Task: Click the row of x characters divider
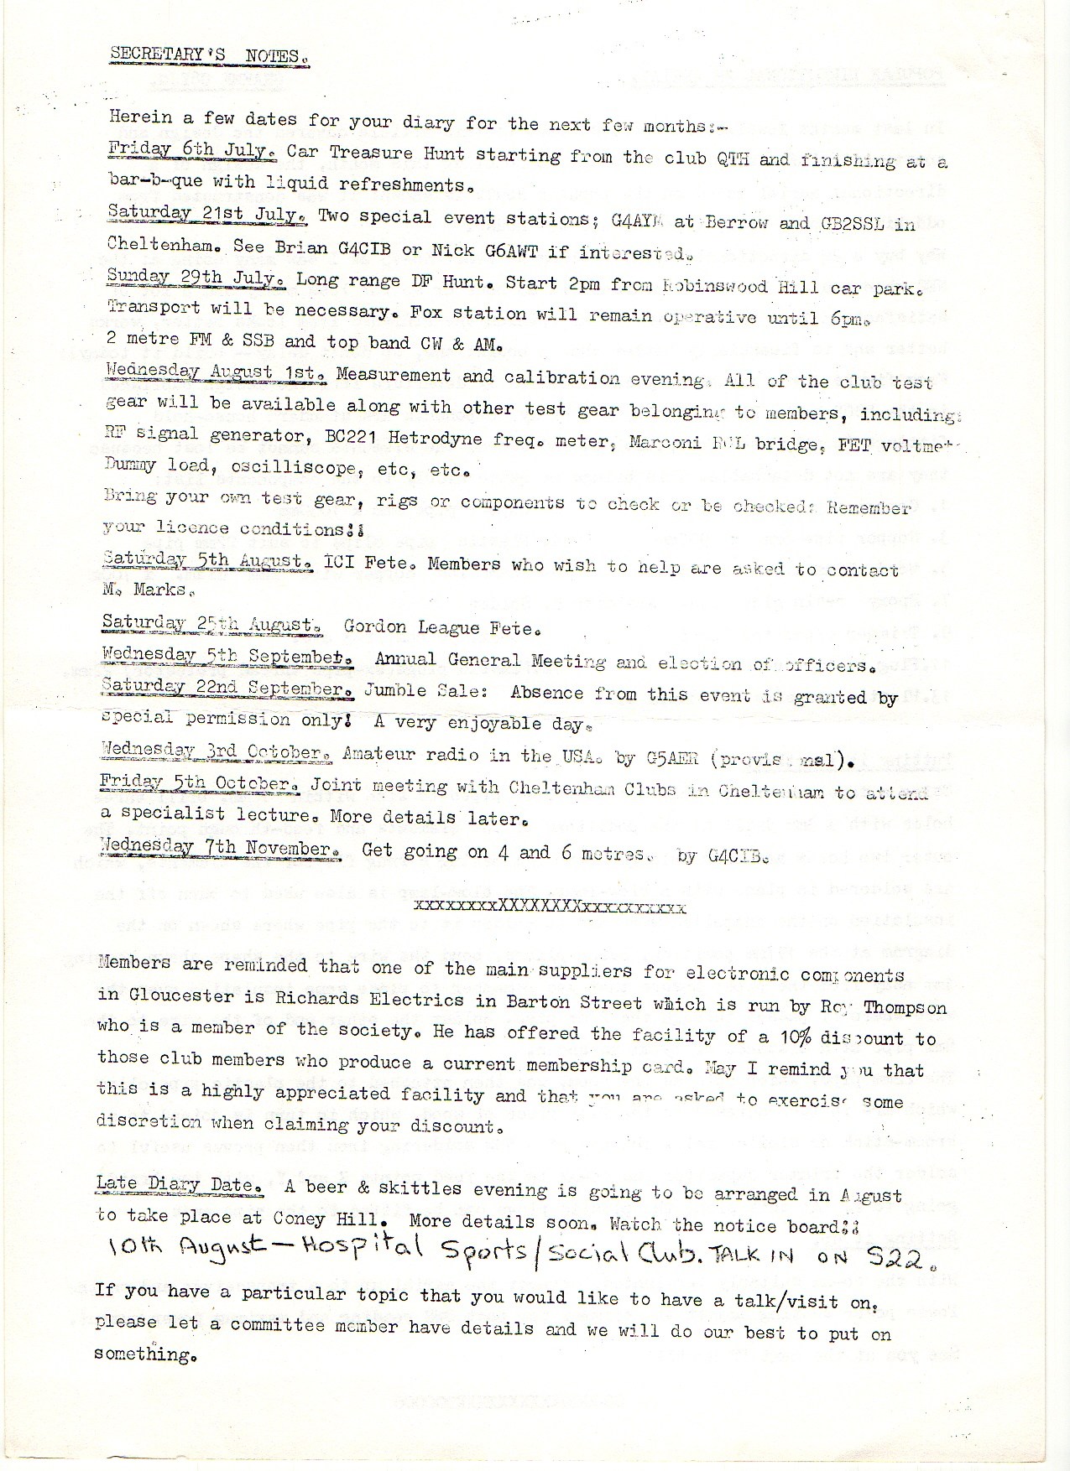[550, 907]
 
